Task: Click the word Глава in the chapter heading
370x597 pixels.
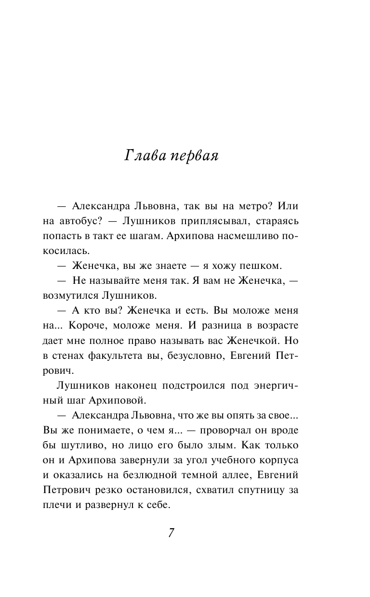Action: coord(145,156)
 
